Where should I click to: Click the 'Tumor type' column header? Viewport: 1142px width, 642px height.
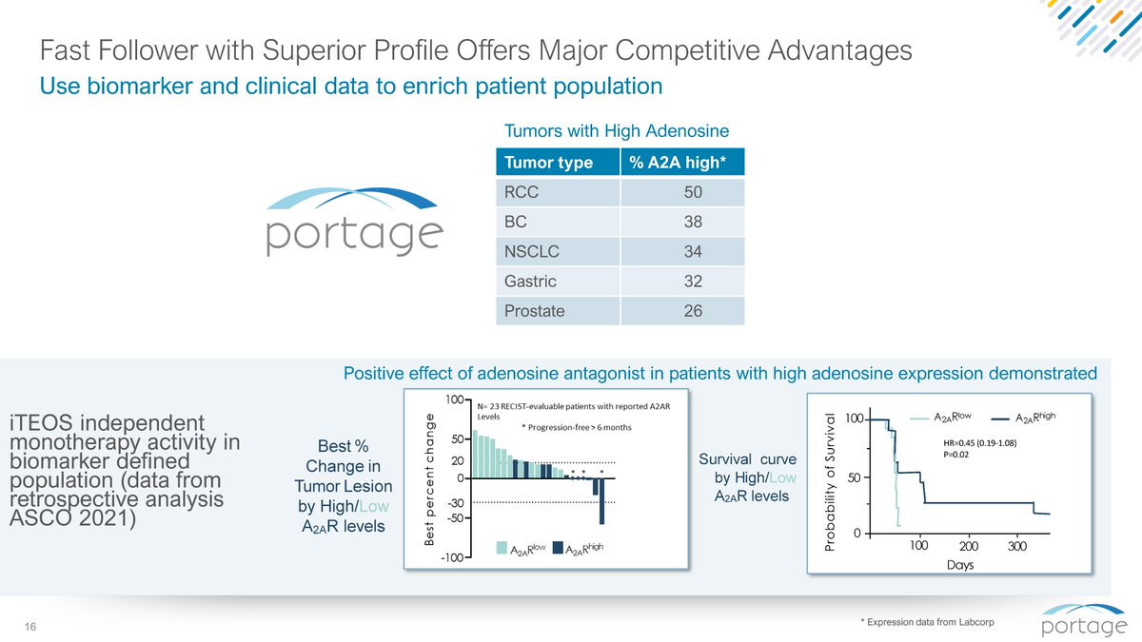pyautogui.click(x=548, y=163)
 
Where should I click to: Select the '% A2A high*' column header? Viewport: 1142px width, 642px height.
pyautogui.click(x=678, y=163)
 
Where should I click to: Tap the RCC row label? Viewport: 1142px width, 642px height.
pyautogui.click(x=522, y=192)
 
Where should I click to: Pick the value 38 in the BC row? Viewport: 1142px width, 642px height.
pyautogui.click(x=693, y=222)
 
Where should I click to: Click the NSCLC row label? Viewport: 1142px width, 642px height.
pyautogui.click(x=531, y=251)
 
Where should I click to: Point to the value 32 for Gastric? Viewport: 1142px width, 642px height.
pyautogui.click(x=693, y=282)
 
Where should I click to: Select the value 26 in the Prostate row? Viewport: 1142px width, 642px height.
pyautogui.click(x=693, y=311)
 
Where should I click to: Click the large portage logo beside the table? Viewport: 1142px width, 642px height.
pyautogui.click(x=354, y=222)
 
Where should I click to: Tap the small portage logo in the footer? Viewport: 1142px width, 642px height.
pyautogui.click(x=1084, y=620)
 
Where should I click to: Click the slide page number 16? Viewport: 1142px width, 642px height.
pyautogui.click(x=30, y=627)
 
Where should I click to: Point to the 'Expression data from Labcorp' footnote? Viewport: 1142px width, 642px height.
pyautogui.click(x=927, y=622)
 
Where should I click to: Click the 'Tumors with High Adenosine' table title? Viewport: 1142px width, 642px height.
pyautogui.click(x=617, y=131)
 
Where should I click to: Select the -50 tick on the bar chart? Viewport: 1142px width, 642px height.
pyautogui.click(x=456, y=518)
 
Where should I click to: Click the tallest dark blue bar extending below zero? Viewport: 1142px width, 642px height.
pyautogui.click(x=602, y=501)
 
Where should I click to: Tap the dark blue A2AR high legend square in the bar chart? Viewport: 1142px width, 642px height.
pyautogui.click(x=558, y=548)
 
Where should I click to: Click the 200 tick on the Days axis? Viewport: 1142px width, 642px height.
pyautogui.click(x=969, y=546)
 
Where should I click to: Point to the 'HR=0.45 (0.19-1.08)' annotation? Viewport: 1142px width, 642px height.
pyautogui.click(x=980, y=443)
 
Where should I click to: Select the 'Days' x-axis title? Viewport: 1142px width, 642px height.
pyautogui.click(x=960, y=565)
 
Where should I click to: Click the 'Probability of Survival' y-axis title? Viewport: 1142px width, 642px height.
pyautogui.click(x=830, y=482)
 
